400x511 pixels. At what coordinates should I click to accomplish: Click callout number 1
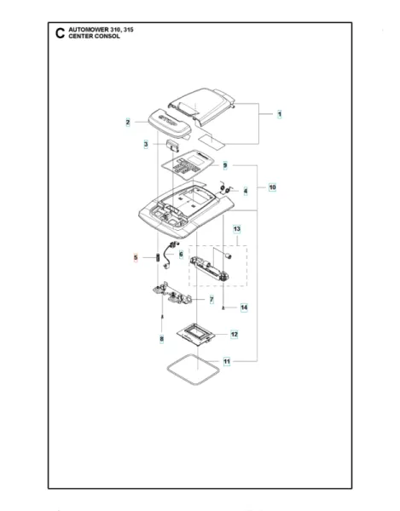pyautogui.click(x=279, y=113)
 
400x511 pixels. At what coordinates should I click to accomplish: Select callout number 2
pyautogui.click(x=128, y=123)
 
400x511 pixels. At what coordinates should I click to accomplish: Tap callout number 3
pyautogui.click(x=146, y=145)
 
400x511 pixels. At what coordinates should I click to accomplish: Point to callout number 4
pyautogui.click(x=246, y=192)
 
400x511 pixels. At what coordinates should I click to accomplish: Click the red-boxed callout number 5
pyautogui.click(x=135, y=256)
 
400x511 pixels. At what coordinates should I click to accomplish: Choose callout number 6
pyautogui.click(x=181, y=255)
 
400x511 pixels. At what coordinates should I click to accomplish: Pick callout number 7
pyautogui.click(x=211, y=301)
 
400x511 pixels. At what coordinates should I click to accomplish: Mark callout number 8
pyautogui.click(x=160, y=340)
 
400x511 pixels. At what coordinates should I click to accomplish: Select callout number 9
pyautogui.click(x=225, y=165)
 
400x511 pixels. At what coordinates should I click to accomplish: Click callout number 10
pyautogui.click(x=272, y=187)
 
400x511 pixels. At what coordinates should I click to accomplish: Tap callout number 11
pyautogui.click(x=227, y=362)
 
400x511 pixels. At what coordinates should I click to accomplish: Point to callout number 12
pyautogui.click(x=234, y=335)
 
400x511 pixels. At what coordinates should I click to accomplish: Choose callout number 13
pyautogui.click(x=237, y=229)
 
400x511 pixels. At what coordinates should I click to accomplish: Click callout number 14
pyautogui.click(x=243, y=307)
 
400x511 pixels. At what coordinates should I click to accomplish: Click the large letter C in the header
pyautogui.click(x=59, y=34)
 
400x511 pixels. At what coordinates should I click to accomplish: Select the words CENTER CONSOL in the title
pyautogui.click(x=95, y=37)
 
